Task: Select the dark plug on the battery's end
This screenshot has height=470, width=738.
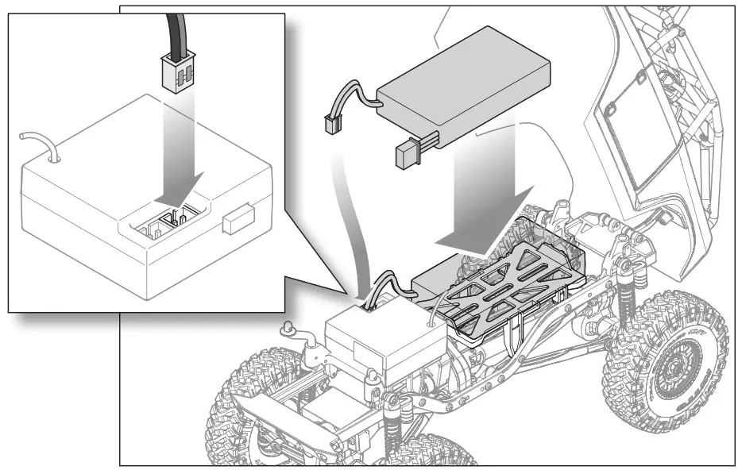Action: [x=410, y=153]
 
